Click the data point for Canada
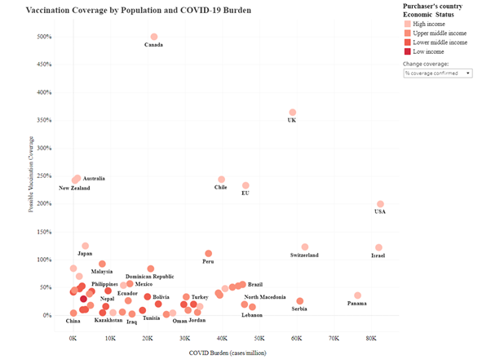[154, 37]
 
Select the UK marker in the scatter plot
[293, 113]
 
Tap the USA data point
[380, 204]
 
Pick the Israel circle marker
[378, 247]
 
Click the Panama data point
[357, 296]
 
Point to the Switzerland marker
[305, 247]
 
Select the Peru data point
[208, 254]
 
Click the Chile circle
[221, 180]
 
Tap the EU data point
[245, 186]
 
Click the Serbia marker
[299, 301]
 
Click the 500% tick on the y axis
[43, 37]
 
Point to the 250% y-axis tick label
[43, 176]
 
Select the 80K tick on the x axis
[371, 337]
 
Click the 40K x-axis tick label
[222, 337]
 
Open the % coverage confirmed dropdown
[437, 73]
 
